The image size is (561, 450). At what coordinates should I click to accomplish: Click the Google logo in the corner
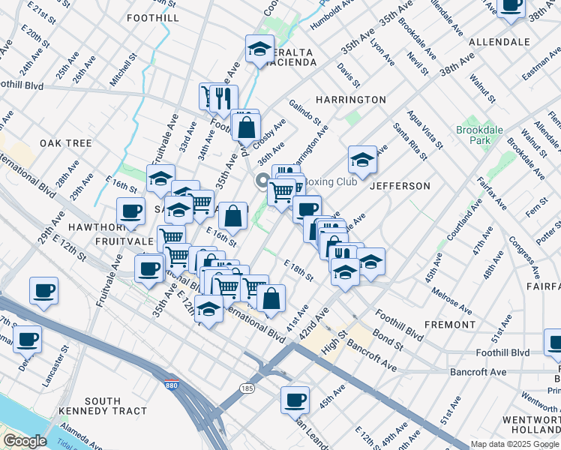[25, 441]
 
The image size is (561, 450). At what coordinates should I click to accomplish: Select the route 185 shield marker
[247, 388]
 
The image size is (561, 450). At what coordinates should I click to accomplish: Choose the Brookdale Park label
[478, 135]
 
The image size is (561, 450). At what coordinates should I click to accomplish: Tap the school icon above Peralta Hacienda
[259, 49]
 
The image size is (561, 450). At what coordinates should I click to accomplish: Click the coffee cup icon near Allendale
[511, 6]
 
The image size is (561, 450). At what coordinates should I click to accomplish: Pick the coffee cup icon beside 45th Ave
[295, 399]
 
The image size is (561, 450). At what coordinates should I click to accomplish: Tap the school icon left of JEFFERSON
[362, 160]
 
